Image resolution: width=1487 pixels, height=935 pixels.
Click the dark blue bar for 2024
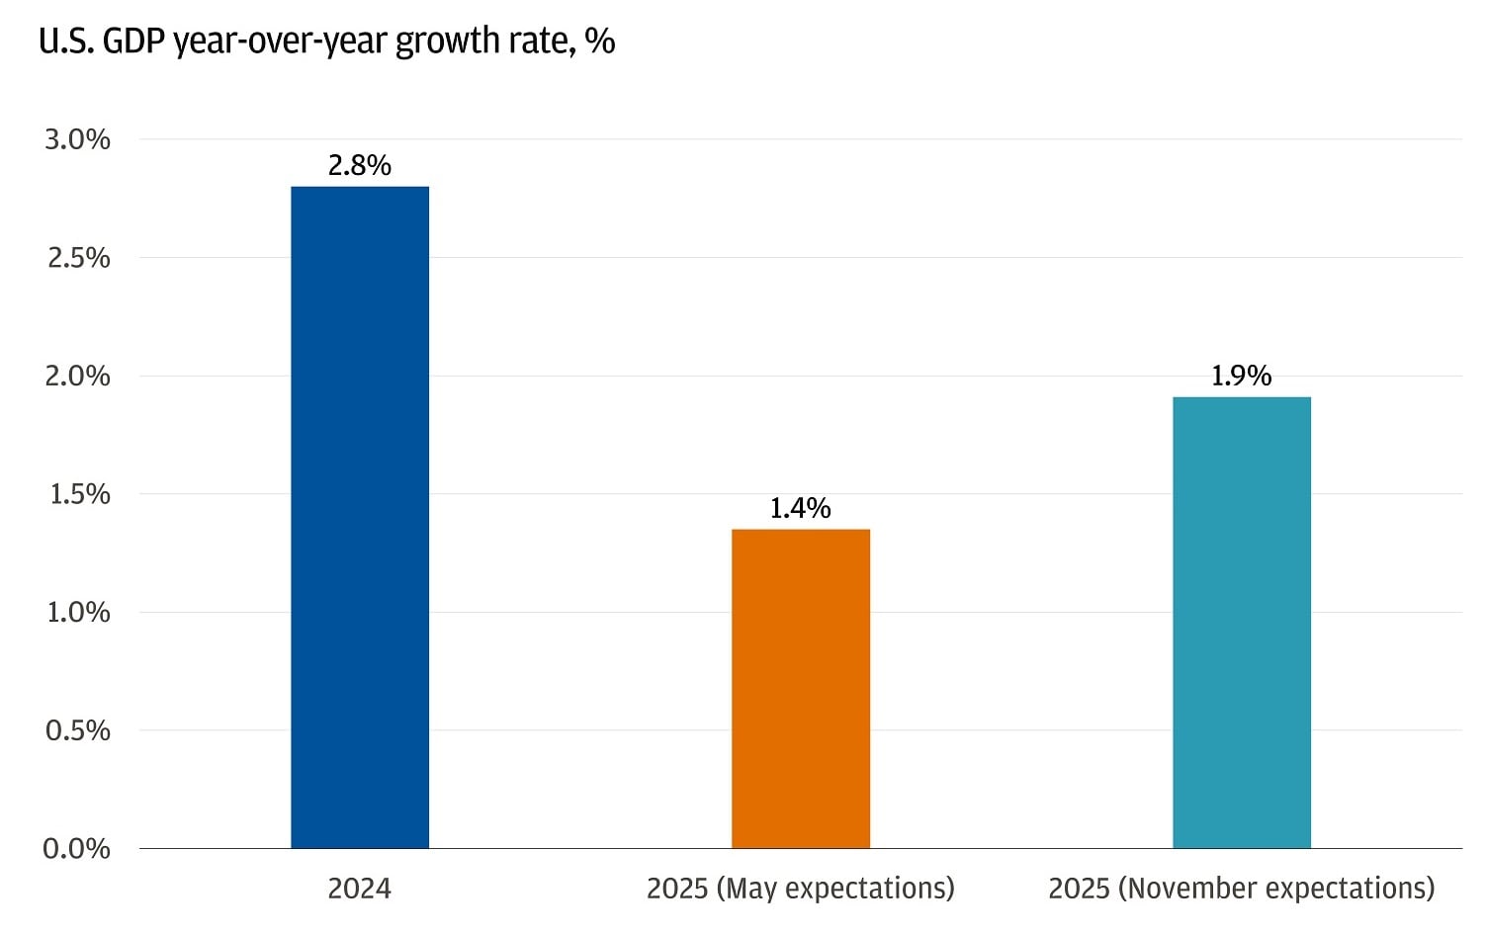coord(360,517)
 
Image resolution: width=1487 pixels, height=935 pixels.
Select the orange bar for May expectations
coord(801,689)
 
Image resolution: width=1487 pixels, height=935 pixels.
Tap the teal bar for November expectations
coord(1242,623)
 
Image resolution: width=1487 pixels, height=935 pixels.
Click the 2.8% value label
coord(360,165)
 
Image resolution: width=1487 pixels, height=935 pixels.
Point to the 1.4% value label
coord(801,508)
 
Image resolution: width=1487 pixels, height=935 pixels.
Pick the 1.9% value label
coord(1242,376)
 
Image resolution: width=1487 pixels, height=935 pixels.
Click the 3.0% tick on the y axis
coord(77,139)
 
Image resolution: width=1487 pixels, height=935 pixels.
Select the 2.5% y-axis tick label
coord(78,258)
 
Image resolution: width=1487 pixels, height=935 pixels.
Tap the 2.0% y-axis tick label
coord(77,376)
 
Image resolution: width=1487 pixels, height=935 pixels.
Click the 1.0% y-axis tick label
coord(78,612)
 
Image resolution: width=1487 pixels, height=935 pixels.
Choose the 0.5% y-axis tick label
coord(78,730)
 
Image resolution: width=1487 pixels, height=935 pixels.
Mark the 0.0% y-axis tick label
coord(77,848)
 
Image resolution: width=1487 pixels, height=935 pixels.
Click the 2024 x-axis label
coord(360,889)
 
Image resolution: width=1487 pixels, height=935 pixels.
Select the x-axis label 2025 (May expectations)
coord(801,889)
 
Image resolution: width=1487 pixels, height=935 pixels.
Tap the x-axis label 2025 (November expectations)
coord(1242,889)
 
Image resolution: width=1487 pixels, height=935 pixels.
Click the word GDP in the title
coord(133,41)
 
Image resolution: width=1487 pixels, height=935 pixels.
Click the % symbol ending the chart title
coord(600,41)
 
